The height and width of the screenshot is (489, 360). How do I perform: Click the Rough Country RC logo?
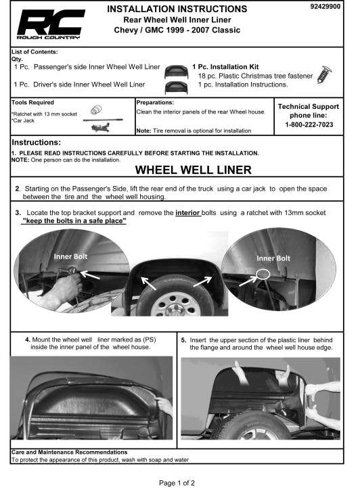pyautogui.click(x=51, y=24)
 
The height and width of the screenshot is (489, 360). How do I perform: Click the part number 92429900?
pyautogui.click(x=325, y=6)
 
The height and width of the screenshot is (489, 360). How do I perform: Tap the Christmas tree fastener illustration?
pyautogui.click(x=324, y=75)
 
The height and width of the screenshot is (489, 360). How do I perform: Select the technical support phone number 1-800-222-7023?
pyautogui.click(x=309, y=124)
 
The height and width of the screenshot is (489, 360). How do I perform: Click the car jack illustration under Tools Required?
pyautogui.click(x=100, y=127)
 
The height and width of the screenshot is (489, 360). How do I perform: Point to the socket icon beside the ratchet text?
pyautogui.click(x=96, y=110)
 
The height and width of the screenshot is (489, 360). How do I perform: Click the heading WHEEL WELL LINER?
pyautogui.click(x=193, y=170)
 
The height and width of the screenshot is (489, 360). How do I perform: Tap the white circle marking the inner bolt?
pyautogui.click(x=263, y=274)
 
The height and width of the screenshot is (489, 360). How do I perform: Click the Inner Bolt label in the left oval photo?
pyautogui.click(x=70, y=256)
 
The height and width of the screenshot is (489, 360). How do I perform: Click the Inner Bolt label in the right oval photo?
pyautogui.click(x=273, y=258)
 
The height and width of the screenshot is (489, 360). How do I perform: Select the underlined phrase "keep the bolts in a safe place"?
pyautogui.click(x=74, y=220)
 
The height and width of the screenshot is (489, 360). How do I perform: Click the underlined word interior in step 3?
pyautogui.click(x=187, y=212)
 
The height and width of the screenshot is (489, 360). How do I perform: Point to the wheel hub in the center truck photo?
pyautogui.click(x=175, y=308)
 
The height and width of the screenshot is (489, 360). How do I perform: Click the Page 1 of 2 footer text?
pyautogui.click(x=177, y=483)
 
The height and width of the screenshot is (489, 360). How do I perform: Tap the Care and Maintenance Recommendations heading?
pyautogui.click(x=69, y=452)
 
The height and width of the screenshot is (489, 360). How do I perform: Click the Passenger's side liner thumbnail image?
pyautogui.click(x=176, y=72)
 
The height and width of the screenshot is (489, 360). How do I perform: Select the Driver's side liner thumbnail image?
pyautogui.click(x=176, y=88)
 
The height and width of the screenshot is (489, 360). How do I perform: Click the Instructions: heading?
pyautogui.click(x=36, y=143)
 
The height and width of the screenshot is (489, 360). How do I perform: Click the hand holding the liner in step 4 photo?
pyautogui.click(x=164, y=405)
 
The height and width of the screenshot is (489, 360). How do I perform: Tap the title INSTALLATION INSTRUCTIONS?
pyautogui.click(x=177, y=9)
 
